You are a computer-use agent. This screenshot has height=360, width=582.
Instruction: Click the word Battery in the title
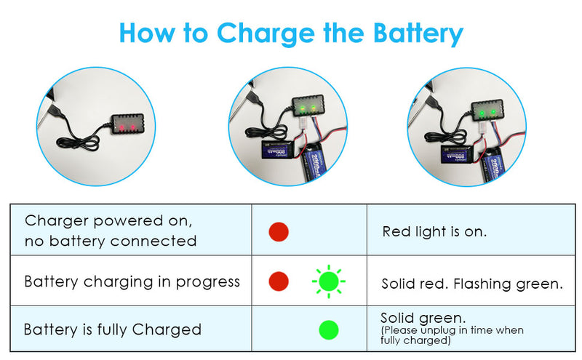[418, 33]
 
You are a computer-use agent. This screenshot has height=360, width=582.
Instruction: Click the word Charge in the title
[266, 33]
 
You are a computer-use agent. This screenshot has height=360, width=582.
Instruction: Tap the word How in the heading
[148, 33]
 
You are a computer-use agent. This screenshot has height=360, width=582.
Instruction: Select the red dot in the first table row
[279, 232]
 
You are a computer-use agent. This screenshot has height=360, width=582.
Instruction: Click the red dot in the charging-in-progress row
[279, 281]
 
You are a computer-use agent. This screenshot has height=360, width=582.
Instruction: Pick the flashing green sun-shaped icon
[329, 281]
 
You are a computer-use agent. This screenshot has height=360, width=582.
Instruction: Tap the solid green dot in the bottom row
[329, 330]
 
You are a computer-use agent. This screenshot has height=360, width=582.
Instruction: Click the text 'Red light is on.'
[434, 232]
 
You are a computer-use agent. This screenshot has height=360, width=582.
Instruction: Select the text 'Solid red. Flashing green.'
[472, 284]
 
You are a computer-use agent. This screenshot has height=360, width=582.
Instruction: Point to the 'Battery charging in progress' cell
[132, 281]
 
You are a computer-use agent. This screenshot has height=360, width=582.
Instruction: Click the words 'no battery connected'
[111, 241]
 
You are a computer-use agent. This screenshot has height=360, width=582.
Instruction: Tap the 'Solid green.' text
[423, 318]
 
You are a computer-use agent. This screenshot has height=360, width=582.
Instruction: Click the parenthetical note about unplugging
[452, 335]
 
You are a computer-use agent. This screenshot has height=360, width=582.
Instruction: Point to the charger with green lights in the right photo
[487, 111]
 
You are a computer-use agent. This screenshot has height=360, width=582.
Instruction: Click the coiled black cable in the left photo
[79, 142]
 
